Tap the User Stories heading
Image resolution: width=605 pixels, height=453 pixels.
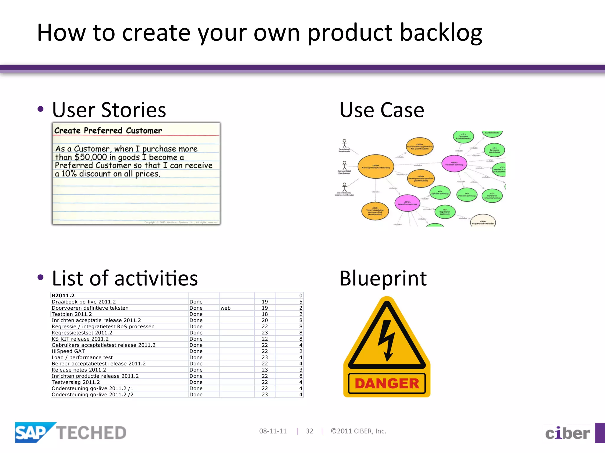coord(109,110)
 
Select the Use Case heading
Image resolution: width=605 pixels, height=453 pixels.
coord(382,110)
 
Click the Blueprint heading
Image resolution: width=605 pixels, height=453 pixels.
coord(383,278)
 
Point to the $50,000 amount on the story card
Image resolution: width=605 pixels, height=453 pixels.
coord(90,157)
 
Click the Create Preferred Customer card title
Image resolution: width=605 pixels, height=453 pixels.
coord(108,131)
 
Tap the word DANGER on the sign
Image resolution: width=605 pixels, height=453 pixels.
coord(387,383)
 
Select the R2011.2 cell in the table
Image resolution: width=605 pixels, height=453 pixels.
coord(63,296)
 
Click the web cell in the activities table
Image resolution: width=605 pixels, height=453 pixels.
coord(225,308)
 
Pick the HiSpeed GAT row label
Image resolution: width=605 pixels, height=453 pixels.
coord(68,351)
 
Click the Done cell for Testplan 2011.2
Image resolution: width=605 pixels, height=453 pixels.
coord(196,314)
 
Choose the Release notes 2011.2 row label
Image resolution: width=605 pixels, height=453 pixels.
coord(79,370)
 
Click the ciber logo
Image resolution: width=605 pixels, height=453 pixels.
coord(567,433)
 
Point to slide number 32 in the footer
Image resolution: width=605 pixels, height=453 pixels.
coord(309,431)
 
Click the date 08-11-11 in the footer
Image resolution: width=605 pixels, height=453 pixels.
coord(273,431)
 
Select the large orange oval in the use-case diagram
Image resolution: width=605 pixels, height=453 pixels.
coord(375,167)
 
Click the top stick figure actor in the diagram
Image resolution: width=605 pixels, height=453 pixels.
coord(344,144)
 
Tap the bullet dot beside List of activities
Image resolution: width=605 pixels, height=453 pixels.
coord(41,277)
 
